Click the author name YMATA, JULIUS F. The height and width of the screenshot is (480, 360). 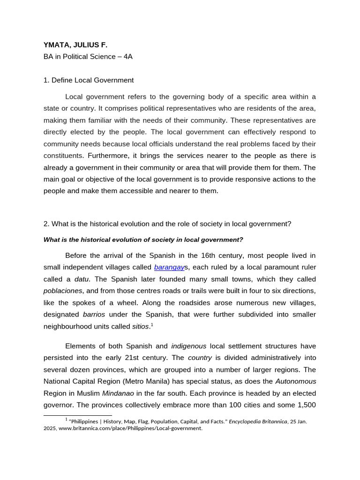point(75,45)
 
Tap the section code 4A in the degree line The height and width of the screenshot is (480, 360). point(127,57)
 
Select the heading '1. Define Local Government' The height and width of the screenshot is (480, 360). point(89,80)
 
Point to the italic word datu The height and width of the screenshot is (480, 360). point(82,279)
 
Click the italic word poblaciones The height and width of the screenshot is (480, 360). point(63,291)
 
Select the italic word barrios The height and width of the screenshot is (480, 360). point(94,314)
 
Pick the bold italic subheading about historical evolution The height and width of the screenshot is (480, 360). point(143,240)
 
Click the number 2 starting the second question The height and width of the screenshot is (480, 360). point(45,224)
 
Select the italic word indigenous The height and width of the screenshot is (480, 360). point(188,346)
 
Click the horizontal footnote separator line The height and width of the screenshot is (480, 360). point(78,415)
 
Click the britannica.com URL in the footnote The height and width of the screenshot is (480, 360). point(130,428)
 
